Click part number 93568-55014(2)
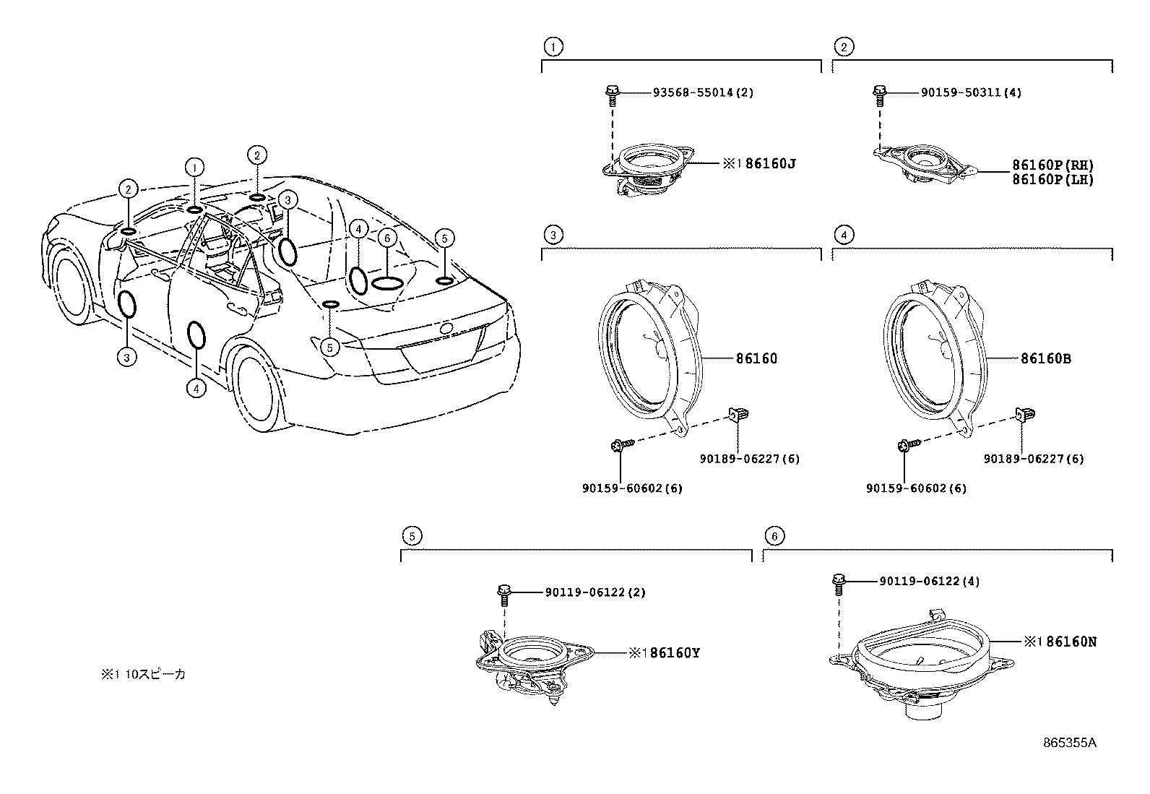point(703,92)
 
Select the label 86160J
point(769,164)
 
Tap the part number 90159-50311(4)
point(971,92)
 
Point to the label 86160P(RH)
point(1052,165)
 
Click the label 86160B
point(1046,358)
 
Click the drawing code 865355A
point(1069,743)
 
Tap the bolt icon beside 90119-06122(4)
point(839,582)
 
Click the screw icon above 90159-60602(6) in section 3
point(620,444)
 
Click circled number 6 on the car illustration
point(387,238)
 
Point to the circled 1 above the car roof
point(194,168)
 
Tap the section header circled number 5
point(410,536)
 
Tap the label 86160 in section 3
point(756,358)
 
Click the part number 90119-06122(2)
point(595,592)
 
